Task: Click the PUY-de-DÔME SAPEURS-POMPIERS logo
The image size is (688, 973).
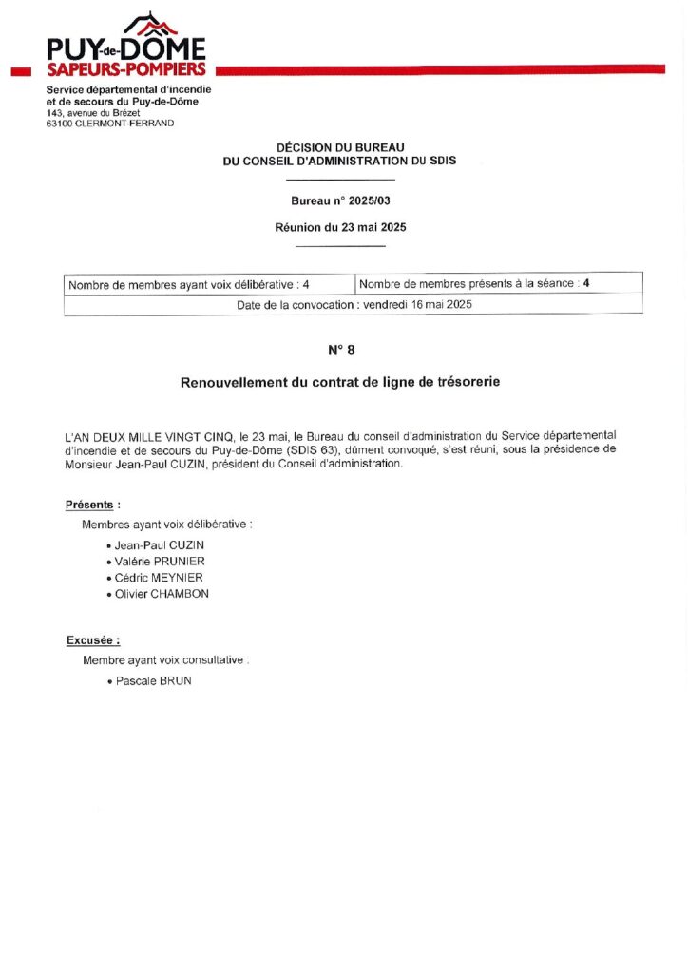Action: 126,47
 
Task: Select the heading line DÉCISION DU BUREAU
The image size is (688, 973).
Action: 339,147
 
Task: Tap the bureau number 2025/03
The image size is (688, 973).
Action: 361,200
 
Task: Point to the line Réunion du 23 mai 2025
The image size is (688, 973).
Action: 339,227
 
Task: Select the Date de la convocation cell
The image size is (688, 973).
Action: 354,305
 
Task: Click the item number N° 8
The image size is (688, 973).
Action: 340,350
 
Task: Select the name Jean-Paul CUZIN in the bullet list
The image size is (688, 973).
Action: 160,545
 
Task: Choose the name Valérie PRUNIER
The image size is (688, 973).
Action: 160,562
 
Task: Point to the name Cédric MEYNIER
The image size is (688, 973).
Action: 159,578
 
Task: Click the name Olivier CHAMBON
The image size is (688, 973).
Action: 162,594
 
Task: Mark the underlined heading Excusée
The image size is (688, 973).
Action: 93,640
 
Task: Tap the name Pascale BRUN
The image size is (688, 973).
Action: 153,681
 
